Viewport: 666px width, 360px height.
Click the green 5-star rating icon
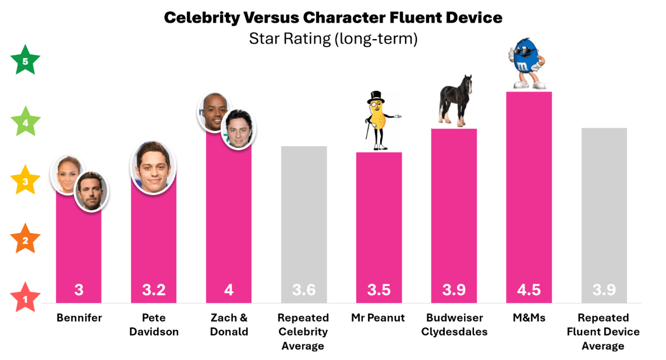[x=26, y=61]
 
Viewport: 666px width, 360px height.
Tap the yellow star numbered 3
[x=26, y=181]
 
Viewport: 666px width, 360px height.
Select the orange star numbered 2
[x=26, y=240]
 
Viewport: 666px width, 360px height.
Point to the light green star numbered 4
[x=26, y=122]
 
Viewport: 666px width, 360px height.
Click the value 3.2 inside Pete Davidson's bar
[x=154, y=290]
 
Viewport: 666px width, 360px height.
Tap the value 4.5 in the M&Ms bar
[x=529, y=290]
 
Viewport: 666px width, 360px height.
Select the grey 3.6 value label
[x=304, y=290]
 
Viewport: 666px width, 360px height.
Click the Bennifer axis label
[x=79, y=318]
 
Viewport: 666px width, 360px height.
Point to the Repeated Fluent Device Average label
[x=603, y=332]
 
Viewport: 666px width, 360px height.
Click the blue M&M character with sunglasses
[x=527, y=64]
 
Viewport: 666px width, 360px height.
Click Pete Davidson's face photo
[x=153, y=167]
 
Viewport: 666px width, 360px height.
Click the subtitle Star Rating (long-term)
[x=333, y=39]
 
